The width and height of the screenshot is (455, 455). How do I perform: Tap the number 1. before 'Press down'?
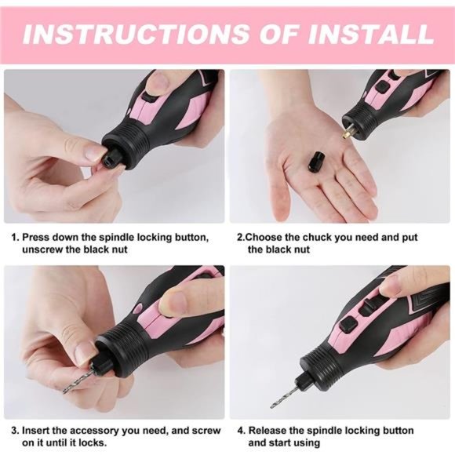tap(14, 236)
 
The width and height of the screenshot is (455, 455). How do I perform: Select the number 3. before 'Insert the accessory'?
tap(14, 431)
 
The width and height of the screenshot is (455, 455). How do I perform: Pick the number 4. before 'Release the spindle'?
tap(242, 431)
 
